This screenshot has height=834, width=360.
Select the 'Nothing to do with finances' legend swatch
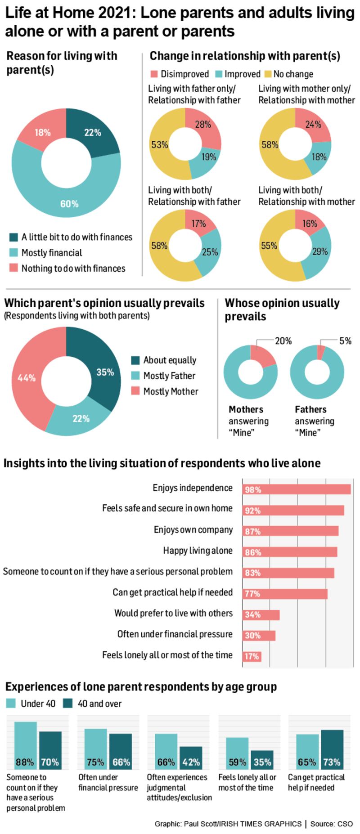tap(14, 269)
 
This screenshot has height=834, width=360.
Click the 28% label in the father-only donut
tap(203, 125)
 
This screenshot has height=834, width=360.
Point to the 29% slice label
tap(319, 251)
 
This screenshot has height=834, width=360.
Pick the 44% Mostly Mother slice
tap(27, 378)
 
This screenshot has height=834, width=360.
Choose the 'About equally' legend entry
tap(170, 360)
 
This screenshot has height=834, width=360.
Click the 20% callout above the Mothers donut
tap(283, 341)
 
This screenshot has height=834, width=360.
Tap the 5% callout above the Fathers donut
tap(345, 341)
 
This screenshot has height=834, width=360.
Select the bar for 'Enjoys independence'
tap(297, 489)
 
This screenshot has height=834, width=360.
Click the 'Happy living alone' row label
tap(198, 551)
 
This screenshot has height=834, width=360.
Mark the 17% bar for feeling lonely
tap(252, 656)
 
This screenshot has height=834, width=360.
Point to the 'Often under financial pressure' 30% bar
tap(259, 636)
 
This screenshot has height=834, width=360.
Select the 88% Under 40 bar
tap(25, 747)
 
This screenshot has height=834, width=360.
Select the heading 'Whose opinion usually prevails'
tap(282, 309)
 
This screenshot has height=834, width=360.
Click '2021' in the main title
tap(116, 13)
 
